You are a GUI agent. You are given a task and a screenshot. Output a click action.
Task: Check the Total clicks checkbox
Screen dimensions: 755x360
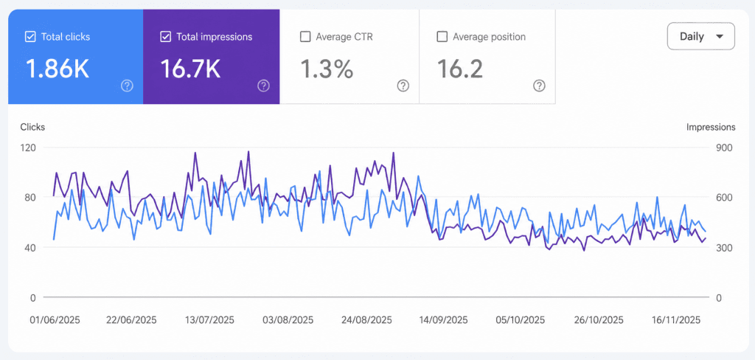[x=29, y=37]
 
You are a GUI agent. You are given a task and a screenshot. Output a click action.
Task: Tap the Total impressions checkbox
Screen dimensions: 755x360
[x=166, y=37]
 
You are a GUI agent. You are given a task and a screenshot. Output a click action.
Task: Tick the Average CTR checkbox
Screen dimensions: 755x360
[x=305, y=37]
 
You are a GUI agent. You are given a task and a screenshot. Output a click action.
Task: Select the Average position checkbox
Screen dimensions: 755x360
[x=442, y=37]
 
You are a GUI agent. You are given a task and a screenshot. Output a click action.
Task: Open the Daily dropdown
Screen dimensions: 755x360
[x=700, y=36]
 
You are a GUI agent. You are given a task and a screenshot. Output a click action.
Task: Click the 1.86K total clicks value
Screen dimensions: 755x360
[x=57, y=69]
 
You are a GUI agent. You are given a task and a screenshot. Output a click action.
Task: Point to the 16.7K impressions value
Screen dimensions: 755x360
[x=191, y=69]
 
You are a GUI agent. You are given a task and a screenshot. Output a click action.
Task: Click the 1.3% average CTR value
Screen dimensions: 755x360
[x=327, y=69]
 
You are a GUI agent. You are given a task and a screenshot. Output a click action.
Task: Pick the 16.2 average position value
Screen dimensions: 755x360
[x=460, y=69]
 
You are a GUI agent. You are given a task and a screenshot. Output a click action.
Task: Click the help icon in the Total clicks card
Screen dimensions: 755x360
[x=127, y=86]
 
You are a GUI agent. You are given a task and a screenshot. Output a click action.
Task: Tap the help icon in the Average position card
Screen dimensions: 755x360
[x=539, y=86]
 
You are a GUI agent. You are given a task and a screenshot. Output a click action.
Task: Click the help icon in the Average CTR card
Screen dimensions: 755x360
[x=403, y=86]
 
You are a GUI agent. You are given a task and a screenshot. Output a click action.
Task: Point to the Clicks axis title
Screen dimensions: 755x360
[x=32, y=127]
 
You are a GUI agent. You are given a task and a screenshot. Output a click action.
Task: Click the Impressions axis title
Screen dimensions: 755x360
[x=711, y=127]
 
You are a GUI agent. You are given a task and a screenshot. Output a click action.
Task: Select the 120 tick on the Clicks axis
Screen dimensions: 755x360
[x=29, y=148]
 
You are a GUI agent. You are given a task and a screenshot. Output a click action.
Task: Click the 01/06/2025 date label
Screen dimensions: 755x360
[x=55, y=320]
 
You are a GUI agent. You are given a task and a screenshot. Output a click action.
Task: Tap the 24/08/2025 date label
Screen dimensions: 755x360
[x=366, y=320]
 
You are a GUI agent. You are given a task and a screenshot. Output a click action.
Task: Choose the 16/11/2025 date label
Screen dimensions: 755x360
[x=675, y=320]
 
